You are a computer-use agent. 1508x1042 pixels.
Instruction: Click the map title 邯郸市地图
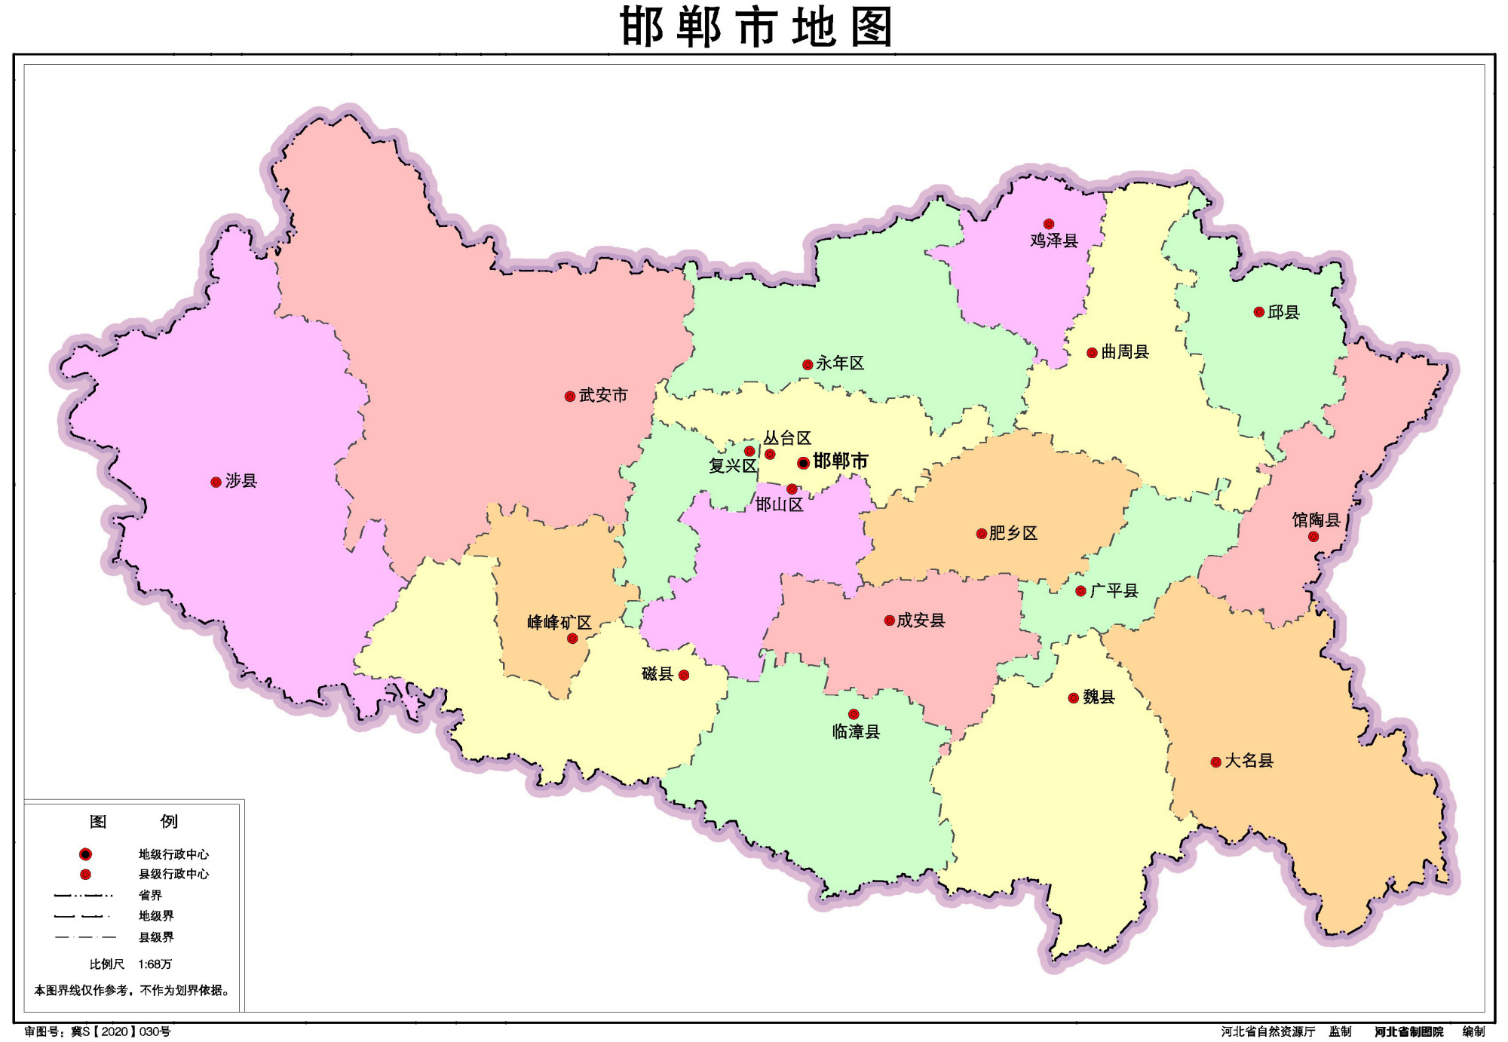(x=756, y=27)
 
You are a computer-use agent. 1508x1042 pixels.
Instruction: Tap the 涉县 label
(x=241, y=481)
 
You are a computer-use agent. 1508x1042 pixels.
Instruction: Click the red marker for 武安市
(x=570, y=397)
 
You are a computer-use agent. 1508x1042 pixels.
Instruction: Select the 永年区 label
(x=840, y=363)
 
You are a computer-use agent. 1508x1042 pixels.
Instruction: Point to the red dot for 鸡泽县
(x=1049, y=224)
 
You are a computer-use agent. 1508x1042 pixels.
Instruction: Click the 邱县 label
(x=1283, y=312)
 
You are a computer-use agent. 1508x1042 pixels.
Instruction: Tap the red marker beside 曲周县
(x=1092, y=353)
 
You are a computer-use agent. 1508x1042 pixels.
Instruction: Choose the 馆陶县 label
(x=1316, y=520)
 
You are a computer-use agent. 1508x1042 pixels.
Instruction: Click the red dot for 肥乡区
(x=982, y=534)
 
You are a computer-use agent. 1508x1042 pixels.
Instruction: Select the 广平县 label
(x=1114, y=591)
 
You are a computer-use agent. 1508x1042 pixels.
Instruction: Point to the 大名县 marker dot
(x=1216, y=762)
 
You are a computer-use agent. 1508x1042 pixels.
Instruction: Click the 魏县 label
(x=1099, y=697)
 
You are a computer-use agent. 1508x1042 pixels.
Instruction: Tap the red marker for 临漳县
(x=854, y=714)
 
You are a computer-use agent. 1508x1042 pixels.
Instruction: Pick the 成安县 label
(x=921, y=621)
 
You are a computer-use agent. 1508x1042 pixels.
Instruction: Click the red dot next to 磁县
(x=684, y=675)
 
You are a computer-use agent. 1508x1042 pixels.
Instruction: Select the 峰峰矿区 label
(x=559, y=623)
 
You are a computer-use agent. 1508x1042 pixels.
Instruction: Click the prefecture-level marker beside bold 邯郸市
(x=804, y=463)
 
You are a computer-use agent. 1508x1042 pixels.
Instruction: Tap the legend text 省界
(x=150, y=896)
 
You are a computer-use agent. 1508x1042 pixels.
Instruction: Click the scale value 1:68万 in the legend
(x=155, y=964)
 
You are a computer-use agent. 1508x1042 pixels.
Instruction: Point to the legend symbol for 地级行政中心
(x=86, y=854)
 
